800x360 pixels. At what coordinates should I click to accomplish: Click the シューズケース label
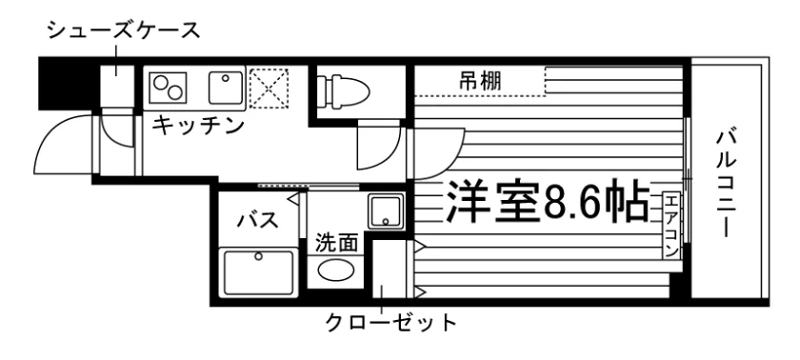tap(124, 31)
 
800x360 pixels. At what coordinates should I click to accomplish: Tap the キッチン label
tap(198, 126)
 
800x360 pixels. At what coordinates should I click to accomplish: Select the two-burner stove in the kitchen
tap(169, 87)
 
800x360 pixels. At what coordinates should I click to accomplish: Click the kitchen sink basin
tap(225, 87)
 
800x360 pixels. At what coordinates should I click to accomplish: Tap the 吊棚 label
tap(480, 81)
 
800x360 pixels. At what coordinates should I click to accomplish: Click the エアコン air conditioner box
tap(670, 226)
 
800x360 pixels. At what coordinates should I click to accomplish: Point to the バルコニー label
tap(726, 184)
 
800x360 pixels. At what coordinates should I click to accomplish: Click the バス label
tap(258, 220)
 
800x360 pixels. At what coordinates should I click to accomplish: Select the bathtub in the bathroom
tap(258, 271)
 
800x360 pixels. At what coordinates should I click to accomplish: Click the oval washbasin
tap(335, 270)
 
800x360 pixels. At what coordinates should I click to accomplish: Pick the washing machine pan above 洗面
tap(387, 211)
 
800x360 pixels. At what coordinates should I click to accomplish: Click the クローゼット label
tap(390, 323)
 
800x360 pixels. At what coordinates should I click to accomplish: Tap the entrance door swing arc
tap(51, 133)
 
